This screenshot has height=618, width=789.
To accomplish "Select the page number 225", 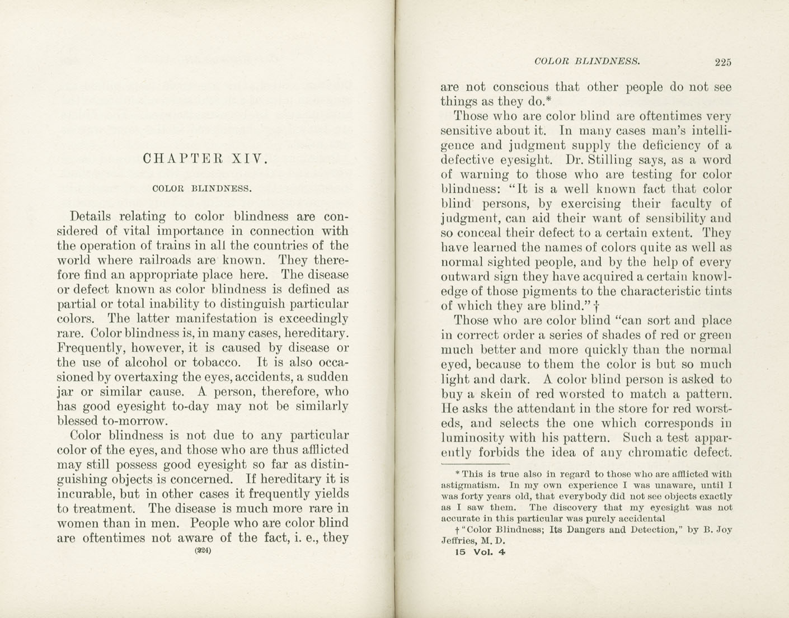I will click(722, 63).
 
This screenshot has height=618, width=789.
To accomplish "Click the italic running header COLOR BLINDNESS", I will click(587, 61).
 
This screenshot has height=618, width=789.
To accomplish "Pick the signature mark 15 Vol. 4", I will click(481, 553).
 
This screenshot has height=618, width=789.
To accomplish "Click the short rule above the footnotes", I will click(475, 464).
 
